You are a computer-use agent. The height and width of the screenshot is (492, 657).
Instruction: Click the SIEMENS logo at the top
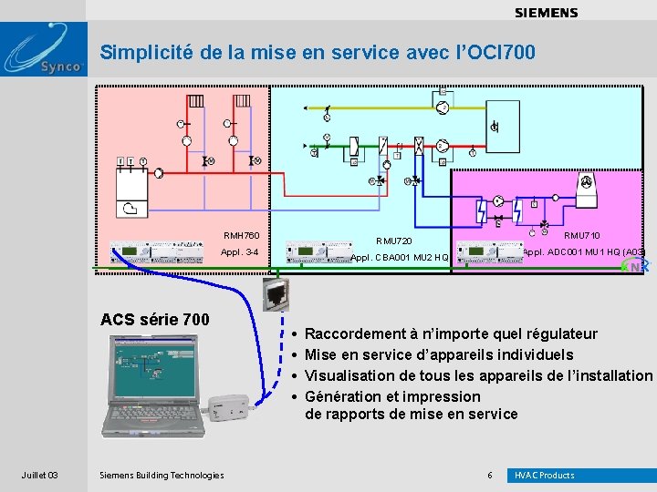pyautogui.click(x=546, y=13)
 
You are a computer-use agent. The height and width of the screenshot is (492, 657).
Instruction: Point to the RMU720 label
pyautogui.click(x=394, y=241)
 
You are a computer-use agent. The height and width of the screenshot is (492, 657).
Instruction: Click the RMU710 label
pyautogui.click(x=582, y=236)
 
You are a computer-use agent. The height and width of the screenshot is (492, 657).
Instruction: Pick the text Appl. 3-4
pyautogui.click(x=241, y=252)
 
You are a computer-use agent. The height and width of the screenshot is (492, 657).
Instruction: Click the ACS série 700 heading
pyautogui.click(x=154, y=319)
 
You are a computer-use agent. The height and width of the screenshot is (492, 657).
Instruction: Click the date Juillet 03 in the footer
pyautogui.click(x=40, y=475)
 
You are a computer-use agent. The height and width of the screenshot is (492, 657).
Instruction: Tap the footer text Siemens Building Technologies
pyautogui.click(x=161, y=475)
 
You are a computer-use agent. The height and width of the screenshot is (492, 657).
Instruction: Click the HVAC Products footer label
pyautogui.click(x=545, y=475)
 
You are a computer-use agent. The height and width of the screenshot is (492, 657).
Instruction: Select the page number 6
pyautogui.click(x=490, y=475)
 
